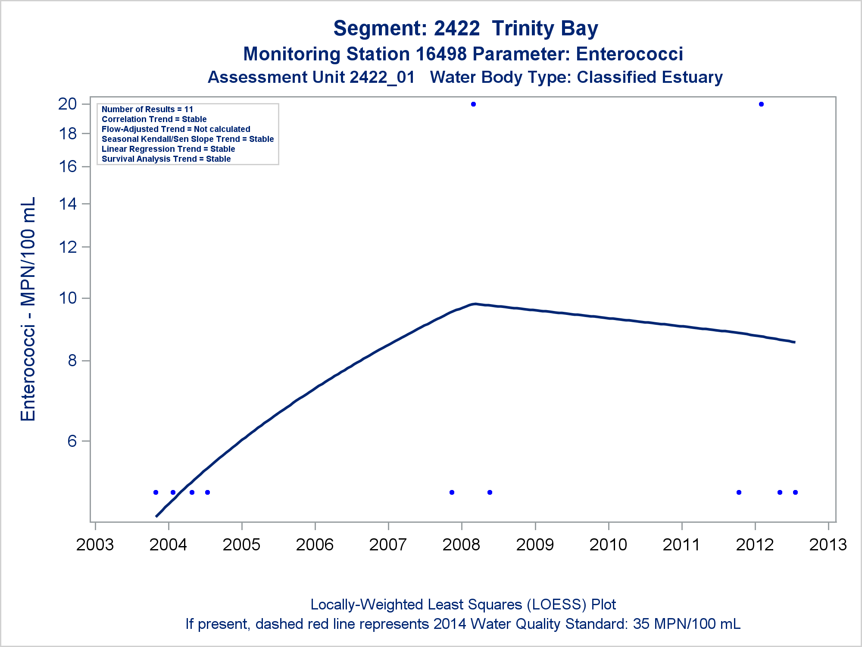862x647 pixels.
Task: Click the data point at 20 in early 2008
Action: pyautogui.click(x=473, y=104)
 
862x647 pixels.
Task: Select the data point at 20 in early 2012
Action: pyautogui.click(x=761, y=104)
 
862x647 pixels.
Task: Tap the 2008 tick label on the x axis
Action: pyautogui.click(x=461, y=545)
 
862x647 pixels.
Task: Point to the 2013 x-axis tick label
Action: pyautogui.click(x=828, y=545)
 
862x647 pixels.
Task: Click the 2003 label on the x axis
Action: pyautogui.click(x=95, y=545)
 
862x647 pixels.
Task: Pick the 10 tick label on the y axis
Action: pyautogui.click(x=68, y=298)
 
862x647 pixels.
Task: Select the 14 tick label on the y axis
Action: pyautogui.click(x=68, y=204)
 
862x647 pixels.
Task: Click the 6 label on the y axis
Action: pyautogui.click(x=72, y=441)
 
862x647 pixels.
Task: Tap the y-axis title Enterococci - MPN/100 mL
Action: pyautogui.click(x=28, y=309)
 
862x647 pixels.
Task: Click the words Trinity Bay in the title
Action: pyautogui.click(x=545, y=28)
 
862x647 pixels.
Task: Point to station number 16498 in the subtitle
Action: pyautogui.click(x=441, y=54)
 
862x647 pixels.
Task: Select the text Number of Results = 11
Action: pyautogui.click(x=147, y=110)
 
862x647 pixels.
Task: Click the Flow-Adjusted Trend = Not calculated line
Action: pyautogui.click(x=176, y=129)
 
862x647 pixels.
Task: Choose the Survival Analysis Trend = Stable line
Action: pyautogui.click(x=166, y=159)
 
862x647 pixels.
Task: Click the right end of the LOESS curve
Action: pyautogui.click(x=794, y=342)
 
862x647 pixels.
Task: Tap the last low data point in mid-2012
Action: pyautogui.click(x=795, y=492)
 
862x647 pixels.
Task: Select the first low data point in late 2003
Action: pyautogui.click(x=156, y=492)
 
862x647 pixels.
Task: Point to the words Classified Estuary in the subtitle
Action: pyautogui.click(x=650, y=77)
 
